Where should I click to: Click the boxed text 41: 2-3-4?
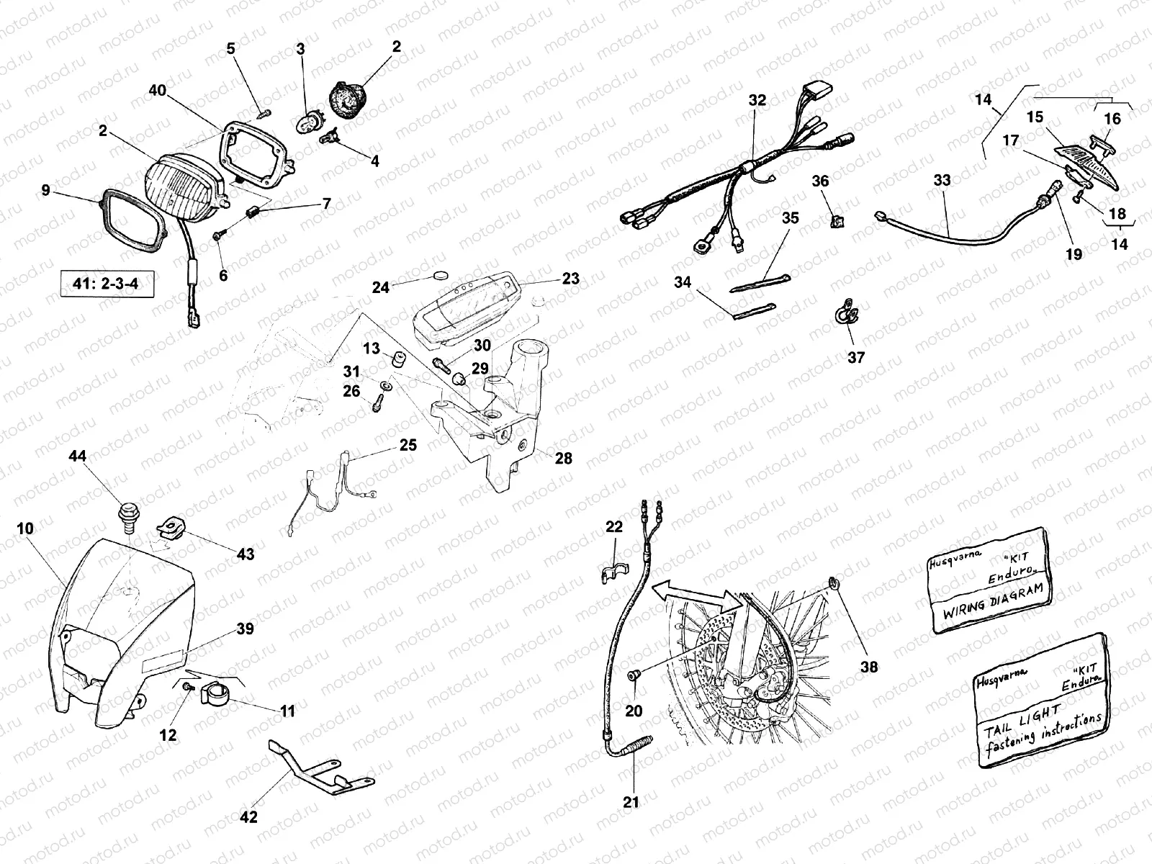click(x=107, y=284)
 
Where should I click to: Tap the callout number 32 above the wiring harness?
click(x=757, y=99)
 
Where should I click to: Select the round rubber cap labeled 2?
click(x=348, y=101)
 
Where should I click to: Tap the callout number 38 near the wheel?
click(x=868, y=667)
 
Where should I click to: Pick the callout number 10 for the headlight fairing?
click(x=25, y=528)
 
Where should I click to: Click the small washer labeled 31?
click(x=386, y=386)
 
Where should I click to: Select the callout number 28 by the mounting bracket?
click(x=563, y=458)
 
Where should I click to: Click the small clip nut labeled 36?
click(x=837, y=221)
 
